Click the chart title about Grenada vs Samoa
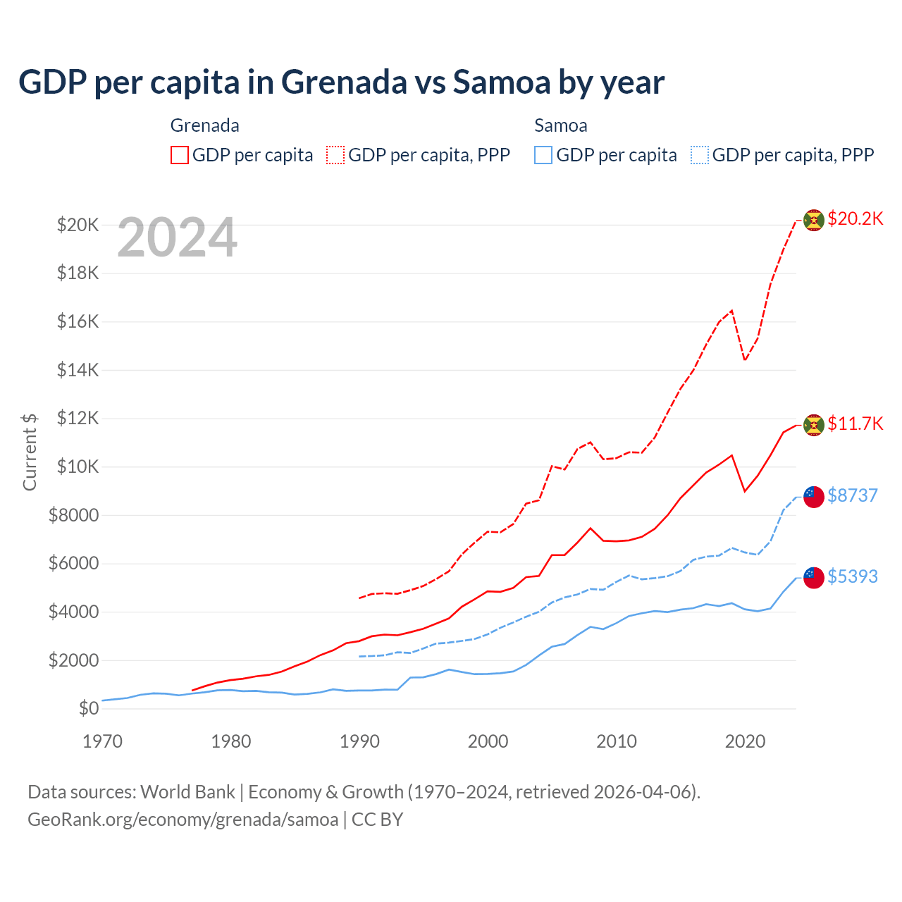[x=341, y=82]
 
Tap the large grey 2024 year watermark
[x=177, y=238]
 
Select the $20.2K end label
[x=855, y=218]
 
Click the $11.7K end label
[x=855, y=424]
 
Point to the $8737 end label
[x=852, y=495]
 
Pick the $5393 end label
[x=852, y=576]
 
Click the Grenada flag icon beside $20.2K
[x=814, y=220]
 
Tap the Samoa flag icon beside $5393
[x=814, y=577]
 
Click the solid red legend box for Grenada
[x=180, y=155]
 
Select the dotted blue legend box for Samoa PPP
[x=700, y=155]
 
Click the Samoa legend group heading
[x=560, y=125]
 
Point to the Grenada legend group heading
[x=204, y=125]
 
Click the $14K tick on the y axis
[x=78, y=370]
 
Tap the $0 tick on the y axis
[x=88, y=708]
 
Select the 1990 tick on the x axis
[x=359, y=741]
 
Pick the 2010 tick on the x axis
[x=617, y=741]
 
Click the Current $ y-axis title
[x=30, y=451]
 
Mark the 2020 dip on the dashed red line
[x=745, y=360]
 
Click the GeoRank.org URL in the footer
[x=183, y=820]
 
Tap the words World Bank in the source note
[x=187, y=792]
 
